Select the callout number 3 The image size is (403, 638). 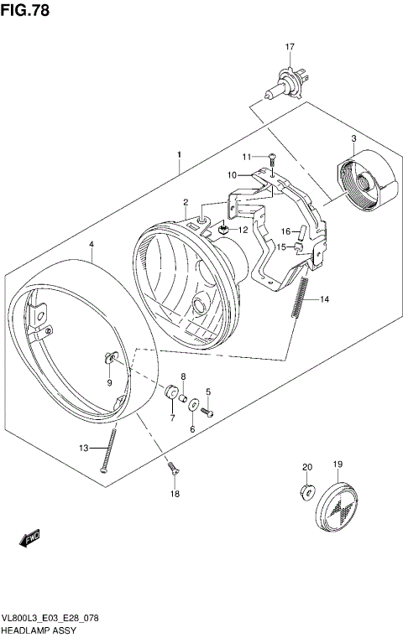[x=353, y=138]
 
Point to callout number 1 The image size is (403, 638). [x=179, y=155]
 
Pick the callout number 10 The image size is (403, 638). [x=233, y=174]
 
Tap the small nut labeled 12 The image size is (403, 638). [x=224, y=229]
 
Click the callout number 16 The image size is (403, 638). [x=285, y=231]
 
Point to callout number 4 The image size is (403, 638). [x=92, y=245]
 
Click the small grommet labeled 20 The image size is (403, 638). [x=306, y=490]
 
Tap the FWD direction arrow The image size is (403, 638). [x=30, y=537]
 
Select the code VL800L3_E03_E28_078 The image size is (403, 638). [x=50, y=616]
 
